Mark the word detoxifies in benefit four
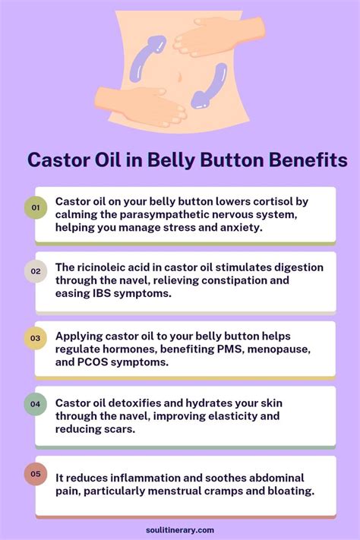coord(141,403)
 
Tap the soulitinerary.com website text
coord(180,530)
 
